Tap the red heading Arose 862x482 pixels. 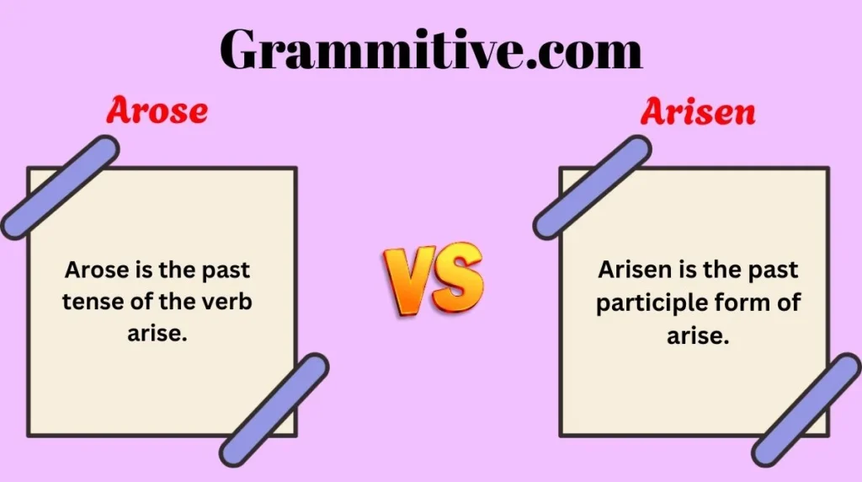157,111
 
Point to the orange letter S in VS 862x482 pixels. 458,276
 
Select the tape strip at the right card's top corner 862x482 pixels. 592,187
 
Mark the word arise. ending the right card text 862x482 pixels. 697,335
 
